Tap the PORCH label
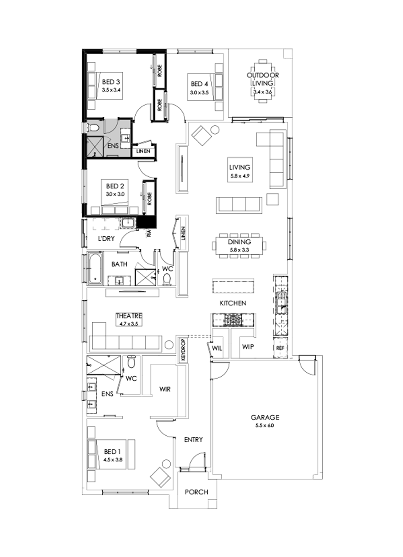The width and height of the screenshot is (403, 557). tap(196, 492)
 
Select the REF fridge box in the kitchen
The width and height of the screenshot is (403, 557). tap(280, 348)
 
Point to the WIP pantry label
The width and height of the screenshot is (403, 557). tap(248, 346)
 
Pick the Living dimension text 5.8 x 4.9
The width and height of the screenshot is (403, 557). tap(239, 176)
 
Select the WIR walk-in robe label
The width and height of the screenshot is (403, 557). tap(165, 389)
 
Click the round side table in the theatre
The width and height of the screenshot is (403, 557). tap(169, 344)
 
